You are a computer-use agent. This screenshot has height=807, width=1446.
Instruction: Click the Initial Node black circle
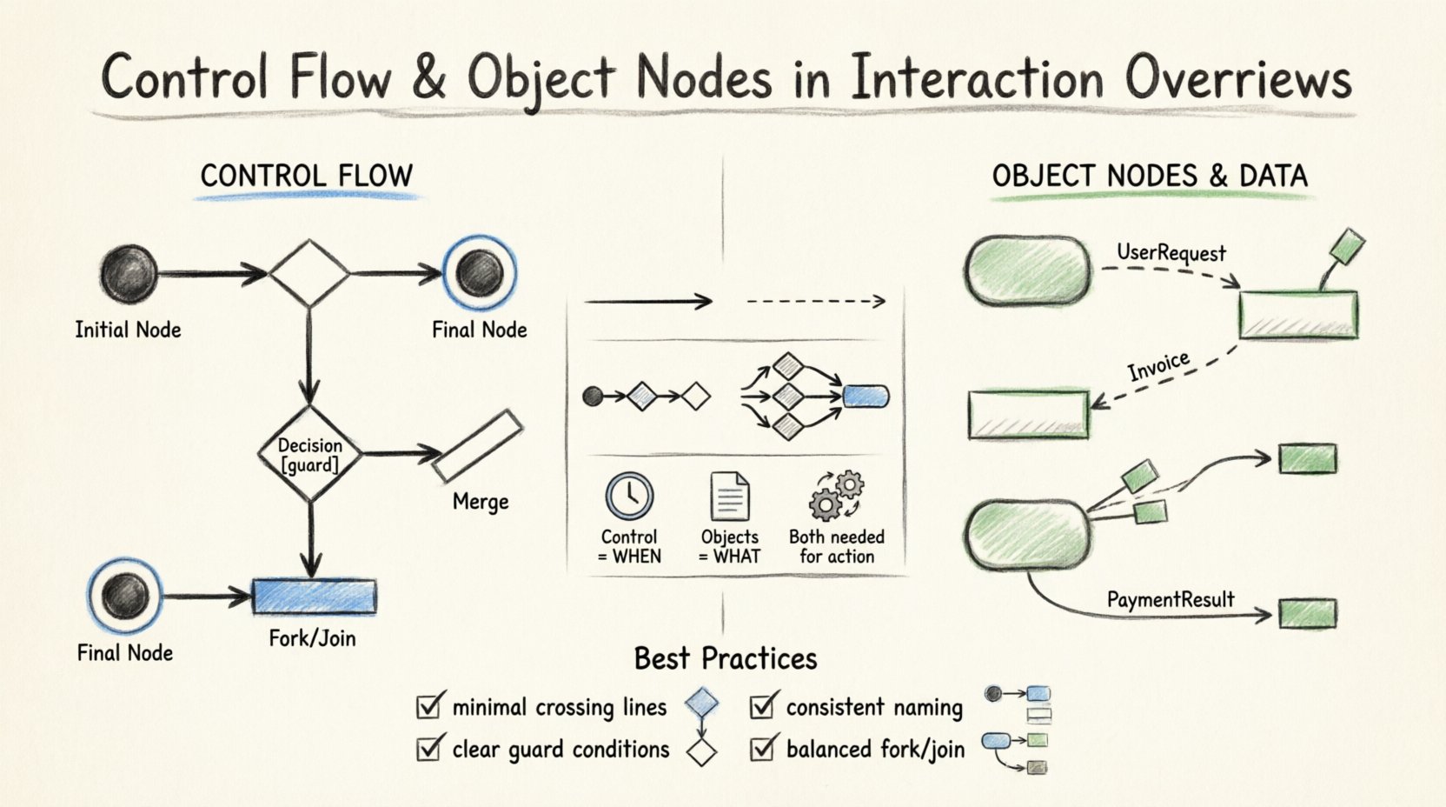(x=129, y=273)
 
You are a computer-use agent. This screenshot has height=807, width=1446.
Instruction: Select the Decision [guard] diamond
(x=310, y=454)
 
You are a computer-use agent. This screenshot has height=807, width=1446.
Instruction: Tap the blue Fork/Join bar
(x=315, y=597)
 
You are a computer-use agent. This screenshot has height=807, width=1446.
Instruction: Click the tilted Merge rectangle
(x=477, y=446)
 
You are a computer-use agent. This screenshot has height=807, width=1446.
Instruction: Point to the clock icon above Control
(x=629, y=496)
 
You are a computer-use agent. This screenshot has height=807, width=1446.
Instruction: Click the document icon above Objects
(x=730, y=496)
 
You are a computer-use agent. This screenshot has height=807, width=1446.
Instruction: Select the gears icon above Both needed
(x=836, y=496)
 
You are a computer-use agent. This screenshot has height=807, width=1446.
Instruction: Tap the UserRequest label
(x=1171, y=253)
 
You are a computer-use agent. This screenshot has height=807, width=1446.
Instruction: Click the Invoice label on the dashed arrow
(x=1158, y=366)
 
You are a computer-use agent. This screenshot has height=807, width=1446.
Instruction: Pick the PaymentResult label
(x=1170, y=599)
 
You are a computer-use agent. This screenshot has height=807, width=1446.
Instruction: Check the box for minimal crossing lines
(x=428, y=705)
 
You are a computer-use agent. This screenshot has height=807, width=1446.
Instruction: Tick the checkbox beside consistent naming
(x=762, y=705)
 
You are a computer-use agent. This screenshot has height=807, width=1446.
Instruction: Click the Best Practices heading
(x=726, y=658)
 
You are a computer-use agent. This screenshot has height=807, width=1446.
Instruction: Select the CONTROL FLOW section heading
(x=306, y=176)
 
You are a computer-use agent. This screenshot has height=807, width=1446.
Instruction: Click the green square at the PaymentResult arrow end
(x=1307, y=612)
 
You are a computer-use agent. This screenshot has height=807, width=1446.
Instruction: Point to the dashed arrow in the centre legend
(x=815, y=302)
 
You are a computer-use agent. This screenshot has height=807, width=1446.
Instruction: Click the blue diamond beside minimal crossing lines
(x=701, y=703)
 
